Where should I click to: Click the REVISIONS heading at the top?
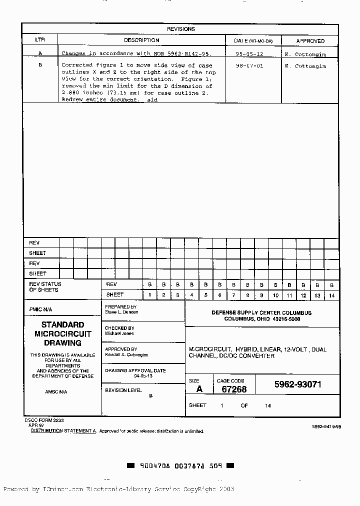[x=180, y=29]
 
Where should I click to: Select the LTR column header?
[x=39, y=40]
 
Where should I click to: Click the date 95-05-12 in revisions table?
[x=249, y=53]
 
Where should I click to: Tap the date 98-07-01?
[x=249, y=65]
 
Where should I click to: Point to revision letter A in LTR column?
[x=40, y=53]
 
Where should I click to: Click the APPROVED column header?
[x=310, y=41]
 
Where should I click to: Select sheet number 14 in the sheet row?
[x=331, y=295]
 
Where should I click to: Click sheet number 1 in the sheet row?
[x=150, y=295]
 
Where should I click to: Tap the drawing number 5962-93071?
[x=297, y=384]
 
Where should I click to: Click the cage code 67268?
[x=233, y=389]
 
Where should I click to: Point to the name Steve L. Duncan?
[x=121, y=312]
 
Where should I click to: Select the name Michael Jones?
[x=119, y=333]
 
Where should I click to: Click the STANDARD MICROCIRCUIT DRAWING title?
[x=62, y=334]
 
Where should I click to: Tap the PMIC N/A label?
[x=40, y=309]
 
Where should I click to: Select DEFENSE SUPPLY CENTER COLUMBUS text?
[x=261, y=313]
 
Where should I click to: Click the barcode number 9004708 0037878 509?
[x=180, y=465]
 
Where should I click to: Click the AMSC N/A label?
[x=55, y=392]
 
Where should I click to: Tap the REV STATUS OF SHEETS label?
[x=45, y=287]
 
